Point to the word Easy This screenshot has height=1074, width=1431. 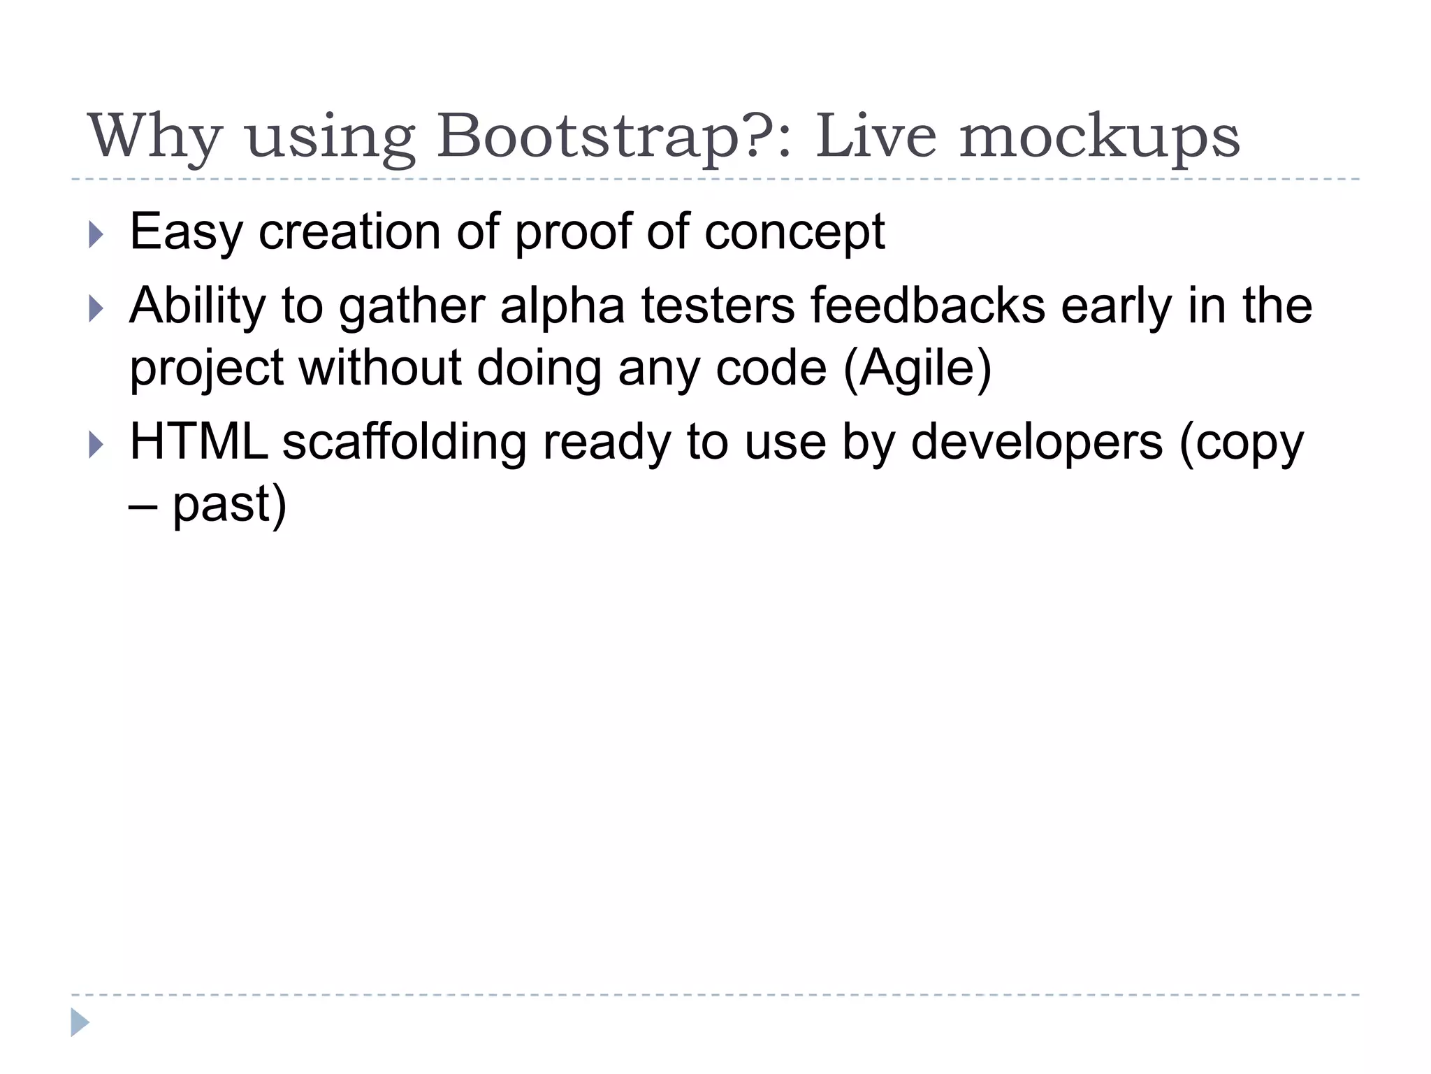tap(186, 232)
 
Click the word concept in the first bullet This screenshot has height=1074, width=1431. tap(794, 232)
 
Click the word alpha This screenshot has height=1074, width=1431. tap(562, 306)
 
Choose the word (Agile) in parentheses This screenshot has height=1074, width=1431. tap(917, 368)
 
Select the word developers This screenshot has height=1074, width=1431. tap(1037, 443)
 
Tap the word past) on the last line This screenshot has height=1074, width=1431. tap(229, 505)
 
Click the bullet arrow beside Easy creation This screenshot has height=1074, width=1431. tap(96, 235)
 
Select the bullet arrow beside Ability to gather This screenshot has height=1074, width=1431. tap(96, 308)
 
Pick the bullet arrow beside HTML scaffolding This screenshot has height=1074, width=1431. tap(96, 445)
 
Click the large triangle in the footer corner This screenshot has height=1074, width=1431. tap(80, 1022)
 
